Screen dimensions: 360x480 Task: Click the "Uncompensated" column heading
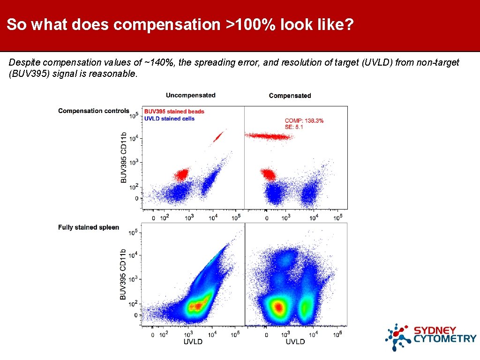pyautogui.click(x=190, y=95)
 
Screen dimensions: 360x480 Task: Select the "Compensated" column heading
pyautogui.click(x=290, y=96)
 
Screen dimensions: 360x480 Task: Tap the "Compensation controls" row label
pyautogui.click(x=93, y=111)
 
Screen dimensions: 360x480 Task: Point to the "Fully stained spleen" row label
pyautogui.click(x=89, y=227)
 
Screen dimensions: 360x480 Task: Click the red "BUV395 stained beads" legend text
pyautogui.click(x=174, y=112)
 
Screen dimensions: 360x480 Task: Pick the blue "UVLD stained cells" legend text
pyautogui.click(x=169, y=119)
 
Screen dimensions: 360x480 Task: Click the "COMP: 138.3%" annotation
pyautogui.click(x=304, y=120)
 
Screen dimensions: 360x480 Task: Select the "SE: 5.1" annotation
pyautogui.click(x=294, y=127)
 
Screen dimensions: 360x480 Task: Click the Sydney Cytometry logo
pyautogui.click(x=430, y=337)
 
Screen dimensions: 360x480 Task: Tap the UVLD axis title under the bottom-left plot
pyautogui.click(x=193, y=342)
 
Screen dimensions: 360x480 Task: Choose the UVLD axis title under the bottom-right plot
pyautogui.click(x=295, y=342)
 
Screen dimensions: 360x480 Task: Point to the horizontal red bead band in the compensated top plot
pyautogui.click(x=269, y=136)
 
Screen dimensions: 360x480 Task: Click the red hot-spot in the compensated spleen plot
pyautogui.click(x=278, y=307)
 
